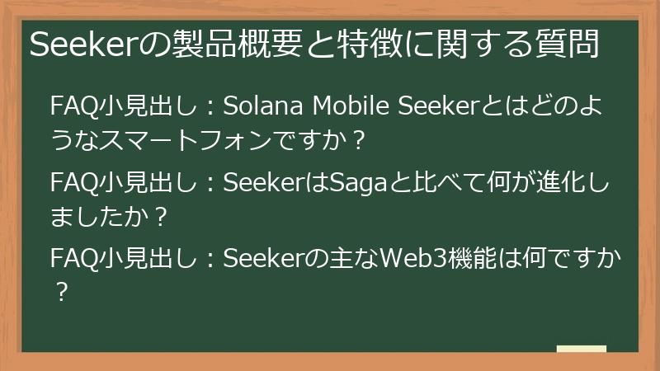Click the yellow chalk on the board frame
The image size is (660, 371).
point(581,349)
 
